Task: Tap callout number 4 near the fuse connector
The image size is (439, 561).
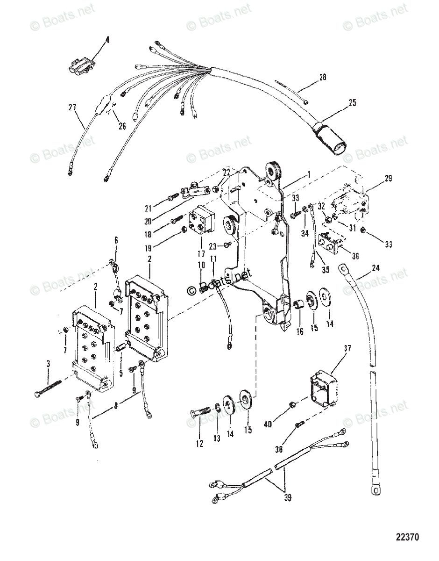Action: point(107,41)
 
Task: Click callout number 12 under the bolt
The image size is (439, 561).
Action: point(199,444)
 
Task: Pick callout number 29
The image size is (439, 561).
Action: point(389,179)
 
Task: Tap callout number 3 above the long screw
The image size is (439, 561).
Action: point(49,363)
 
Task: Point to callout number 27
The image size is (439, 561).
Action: point(72,108)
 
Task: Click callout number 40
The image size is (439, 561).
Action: point(281,424)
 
